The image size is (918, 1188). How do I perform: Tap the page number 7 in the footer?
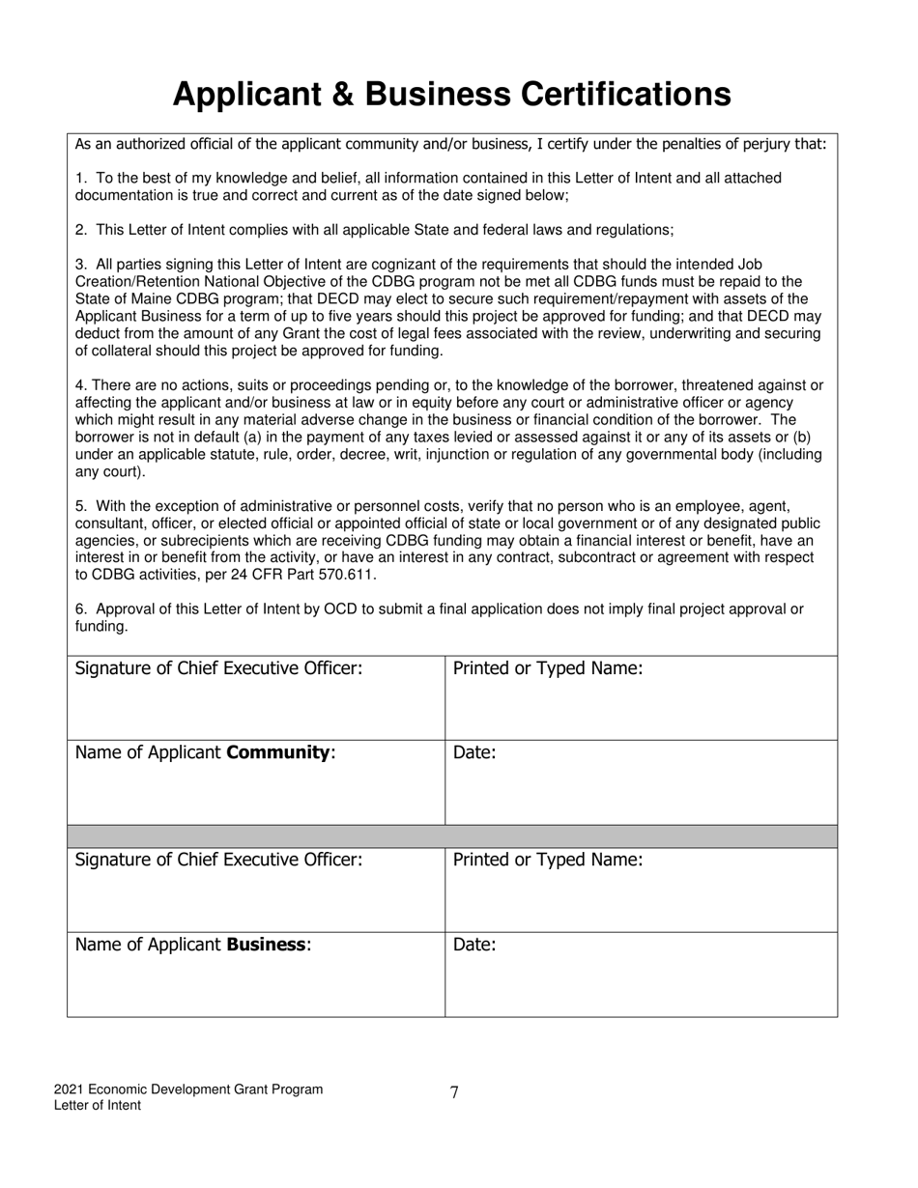pos(454,1092)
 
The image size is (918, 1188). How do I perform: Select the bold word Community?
pos(278,752)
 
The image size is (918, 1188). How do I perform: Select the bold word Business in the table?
pos(266,945)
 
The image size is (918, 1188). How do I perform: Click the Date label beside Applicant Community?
pos(473,752)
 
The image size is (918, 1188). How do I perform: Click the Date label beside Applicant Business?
pos(473,945)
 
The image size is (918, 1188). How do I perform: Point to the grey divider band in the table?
pos(452,836)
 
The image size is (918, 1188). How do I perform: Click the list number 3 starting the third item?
pos(80,265)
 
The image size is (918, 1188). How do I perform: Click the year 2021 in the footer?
pos(70,1089)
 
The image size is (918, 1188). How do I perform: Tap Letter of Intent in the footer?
pos(97,1106)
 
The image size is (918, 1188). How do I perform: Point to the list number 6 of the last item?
pos(80,609)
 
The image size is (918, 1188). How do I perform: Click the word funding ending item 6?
pos(100,627)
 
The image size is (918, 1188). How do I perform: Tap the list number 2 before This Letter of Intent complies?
pos(80,230)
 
